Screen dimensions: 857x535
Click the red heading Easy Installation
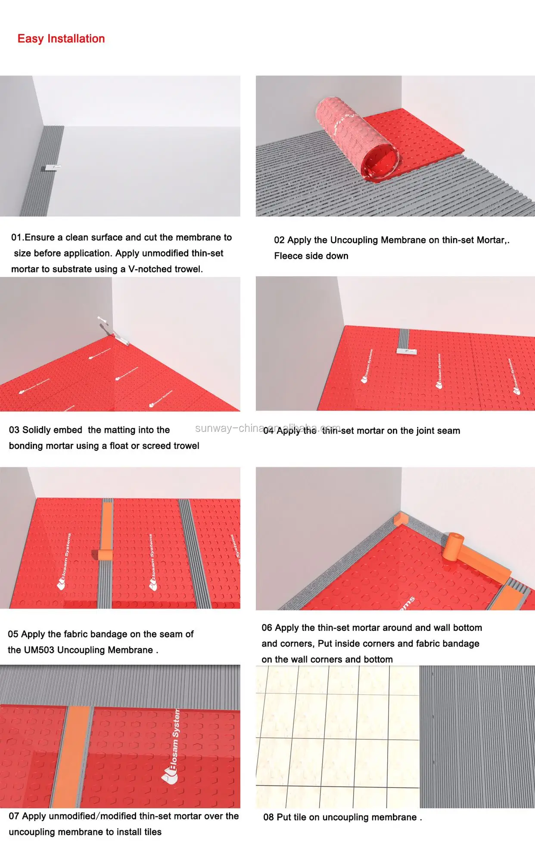point(61,39)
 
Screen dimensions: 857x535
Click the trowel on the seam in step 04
point(406,351)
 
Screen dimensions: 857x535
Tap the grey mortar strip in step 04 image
point(404,338)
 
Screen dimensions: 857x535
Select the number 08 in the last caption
point(268,817)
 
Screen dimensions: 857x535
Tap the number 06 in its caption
point(267,628)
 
